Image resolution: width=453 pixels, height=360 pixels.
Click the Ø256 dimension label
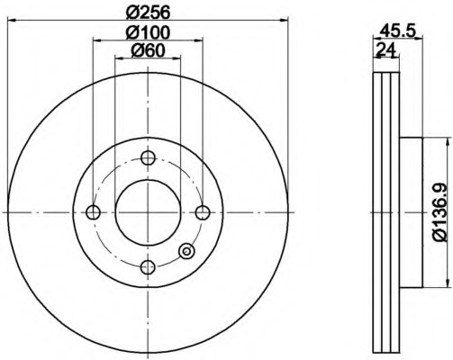tap(148, 13)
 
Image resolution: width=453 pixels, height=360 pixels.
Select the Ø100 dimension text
tap(148, 32)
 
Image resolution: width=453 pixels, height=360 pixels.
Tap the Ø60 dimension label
tap(148, 50)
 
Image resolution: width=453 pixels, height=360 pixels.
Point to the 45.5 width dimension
tap(397, 31)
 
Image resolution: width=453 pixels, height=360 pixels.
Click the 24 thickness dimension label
tap(386, 49)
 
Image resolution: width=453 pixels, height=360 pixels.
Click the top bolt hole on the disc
tap(148, 157)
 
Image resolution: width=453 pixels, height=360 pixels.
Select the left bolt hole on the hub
tap(93, 212)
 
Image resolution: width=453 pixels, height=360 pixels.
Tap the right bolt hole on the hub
tap(203, 212)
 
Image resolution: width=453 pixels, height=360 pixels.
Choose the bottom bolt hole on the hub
tap(148, 267)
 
